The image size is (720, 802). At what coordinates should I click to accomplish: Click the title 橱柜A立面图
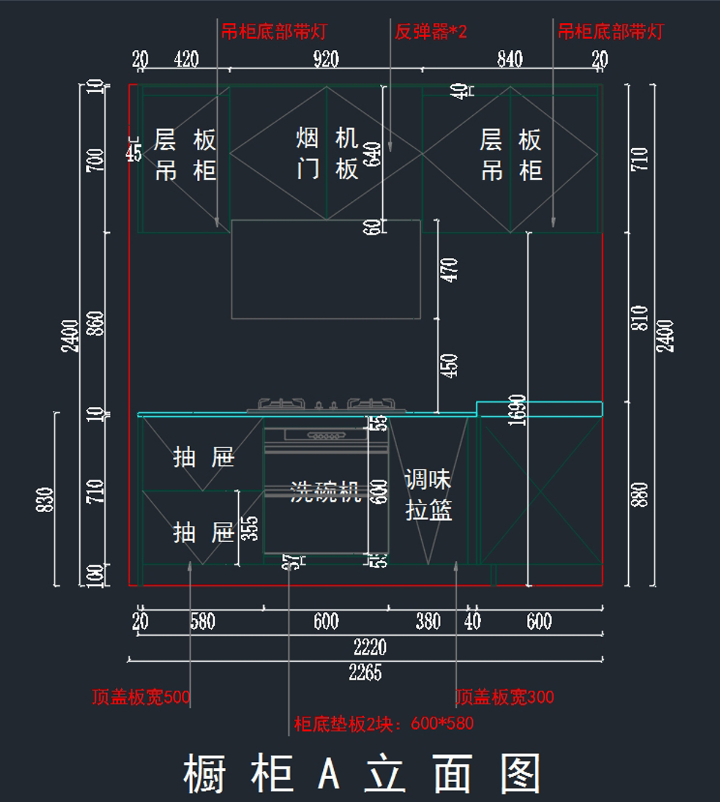pos(361,774)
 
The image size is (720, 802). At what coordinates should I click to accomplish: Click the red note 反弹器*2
pos(430,32)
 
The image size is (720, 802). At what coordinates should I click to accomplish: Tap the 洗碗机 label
pos(325,491)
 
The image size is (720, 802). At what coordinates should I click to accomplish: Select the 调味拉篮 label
pos(428,495)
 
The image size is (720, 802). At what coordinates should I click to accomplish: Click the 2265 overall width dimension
pos(365,672)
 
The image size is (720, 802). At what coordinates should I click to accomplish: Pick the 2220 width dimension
pos(370,647)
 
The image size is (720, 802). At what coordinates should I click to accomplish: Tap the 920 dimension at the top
pos(326,59)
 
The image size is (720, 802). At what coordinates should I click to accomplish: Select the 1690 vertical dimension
pos(517,410)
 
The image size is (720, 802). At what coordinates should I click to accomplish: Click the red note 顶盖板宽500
pos(141,697)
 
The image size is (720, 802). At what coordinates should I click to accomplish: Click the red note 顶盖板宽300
pos(505,697)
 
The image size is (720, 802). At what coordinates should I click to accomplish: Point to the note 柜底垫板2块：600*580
pos(383,724)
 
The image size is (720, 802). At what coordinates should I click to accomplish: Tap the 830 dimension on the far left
pos(46,499)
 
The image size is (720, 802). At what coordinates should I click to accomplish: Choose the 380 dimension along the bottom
pos(428,621)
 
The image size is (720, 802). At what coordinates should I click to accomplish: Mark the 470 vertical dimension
pos(449,269)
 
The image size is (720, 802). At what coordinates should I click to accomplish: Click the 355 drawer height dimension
pos(250,528)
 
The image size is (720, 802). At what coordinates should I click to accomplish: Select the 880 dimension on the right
pos(640,494)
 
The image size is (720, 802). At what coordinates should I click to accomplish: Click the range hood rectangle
pos(326,269)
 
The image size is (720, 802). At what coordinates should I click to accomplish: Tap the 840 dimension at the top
pos(509,59)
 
